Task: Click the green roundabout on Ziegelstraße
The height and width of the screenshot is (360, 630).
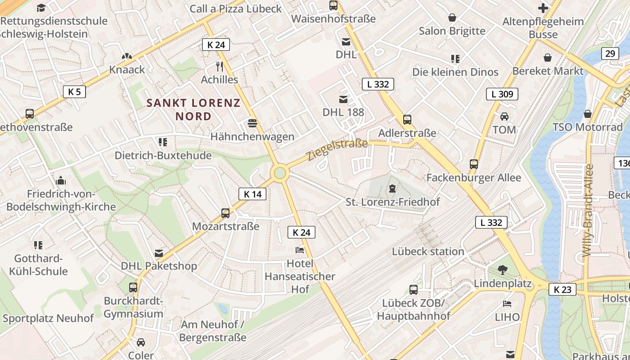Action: pos(280,173)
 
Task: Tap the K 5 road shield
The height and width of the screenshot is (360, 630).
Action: pos(74,92)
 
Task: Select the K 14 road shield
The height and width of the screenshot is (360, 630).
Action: pos(252,194)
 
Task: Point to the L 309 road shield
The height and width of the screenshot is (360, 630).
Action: pos(502,94)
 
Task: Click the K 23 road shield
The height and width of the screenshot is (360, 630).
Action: pos(562,289)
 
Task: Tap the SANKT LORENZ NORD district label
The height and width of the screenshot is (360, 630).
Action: pos(193,109)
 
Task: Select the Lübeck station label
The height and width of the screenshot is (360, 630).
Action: pos(428,251)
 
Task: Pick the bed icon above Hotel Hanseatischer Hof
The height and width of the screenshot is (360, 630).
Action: pos(300,250)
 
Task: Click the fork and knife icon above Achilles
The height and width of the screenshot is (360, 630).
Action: pos(220,67)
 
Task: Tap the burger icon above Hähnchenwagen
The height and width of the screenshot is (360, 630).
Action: pos(252,123)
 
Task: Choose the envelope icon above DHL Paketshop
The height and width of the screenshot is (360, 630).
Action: pos(159,253)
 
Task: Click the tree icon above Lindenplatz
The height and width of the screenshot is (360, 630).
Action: pos(503,270)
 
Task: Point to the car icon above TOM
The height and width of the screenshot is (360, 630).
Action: pos(504,117)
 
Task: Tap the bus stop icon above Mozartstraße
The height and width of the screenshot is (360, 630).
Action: pos(225,213)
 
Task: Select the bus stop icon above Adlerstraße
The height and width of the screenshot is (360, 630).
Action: pos(407,120)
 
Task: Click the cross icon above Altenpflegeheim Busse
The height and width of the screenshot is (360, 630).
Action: pos(543,8)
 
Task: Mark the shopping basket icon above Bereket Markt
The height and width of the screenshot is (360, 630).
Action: pos(548,58)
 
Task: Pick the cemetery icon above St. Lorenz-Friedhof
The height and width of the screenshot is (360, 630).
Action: pos(392,188)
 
